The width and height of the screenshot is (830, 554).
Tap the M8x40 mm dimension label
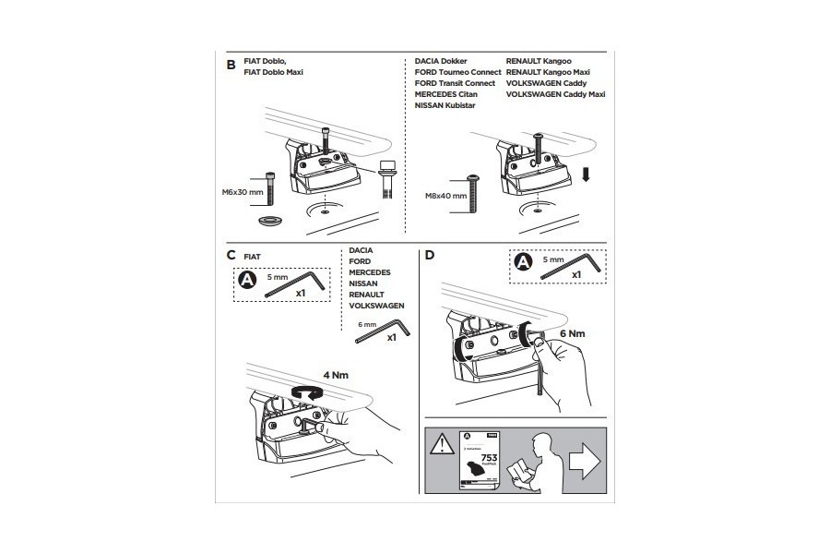(446, 196)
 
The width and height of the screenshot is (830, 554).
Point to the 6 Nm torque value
(573, 331)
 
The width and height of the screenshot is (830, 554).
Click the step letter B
(231, 65)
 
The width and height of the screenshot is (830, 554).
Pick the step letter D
(429, 255)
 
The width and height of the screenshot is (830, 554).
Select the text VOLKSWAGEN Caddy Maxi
(556, 94)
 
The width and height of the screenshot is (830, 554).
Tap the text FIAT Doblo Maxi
(274, 72)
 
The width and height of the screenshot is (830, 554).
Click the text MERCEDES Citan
(446, 94)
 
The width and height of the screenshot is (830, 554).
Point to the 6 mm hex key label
(367, 324)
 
